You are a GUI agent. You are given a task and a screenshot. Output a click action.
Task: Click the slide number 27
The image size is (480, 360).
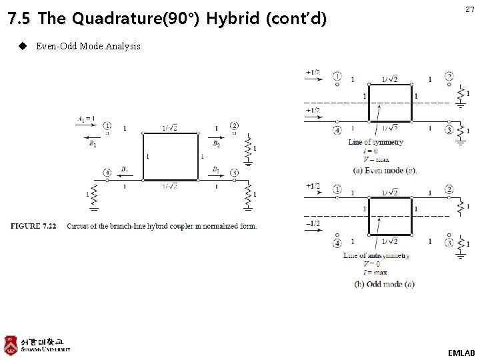pos(469,9)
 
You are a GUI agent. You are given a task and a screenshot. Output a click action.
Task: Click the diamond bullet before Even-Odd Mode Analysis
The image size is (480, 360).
pos(22,46)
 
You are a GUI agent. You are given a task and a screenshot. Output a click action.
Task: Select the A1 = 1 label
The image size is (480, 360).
pos(85,119)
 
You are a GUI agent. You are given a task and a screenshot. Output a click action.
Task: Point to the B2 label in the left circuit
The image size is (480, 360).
pos(216,143)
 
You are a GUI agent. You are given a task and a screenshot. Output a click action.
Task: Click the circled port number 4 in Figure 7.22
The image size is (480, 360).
pos(107,172)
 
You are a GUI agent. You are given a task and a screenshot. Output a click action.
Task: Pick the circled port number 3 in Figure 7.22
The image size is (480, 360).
pos(235,173)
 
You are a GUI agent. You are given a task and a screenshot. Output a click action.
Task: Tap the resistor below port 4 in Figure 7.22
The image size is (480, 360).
pos(93,195)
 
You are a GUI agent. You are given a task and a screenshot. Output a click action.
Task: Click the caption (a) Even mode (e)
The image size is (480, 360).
pos(385,170)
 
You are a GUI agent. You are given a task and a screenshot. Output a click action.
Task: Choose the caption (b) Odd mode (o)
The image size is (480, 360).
pos(384,283)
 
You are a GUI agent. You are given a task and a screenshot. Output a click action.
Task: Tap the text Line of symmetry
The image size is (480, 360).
pos(375,142)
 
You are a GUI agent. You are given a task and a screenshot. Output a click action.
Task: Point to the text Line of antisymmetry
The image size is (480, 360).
pos(377,255)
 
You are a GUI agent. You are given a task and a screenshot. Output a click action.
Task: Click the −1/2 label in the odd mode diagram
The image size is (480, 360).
pos(313,223)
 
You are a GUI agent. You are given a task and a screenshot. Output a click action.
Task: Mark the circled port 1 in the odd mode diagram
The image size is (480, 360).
pos(337,190)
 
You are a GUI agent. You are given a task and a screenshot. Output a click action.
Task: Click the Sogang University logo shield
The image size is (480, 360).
pos(11,344)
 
